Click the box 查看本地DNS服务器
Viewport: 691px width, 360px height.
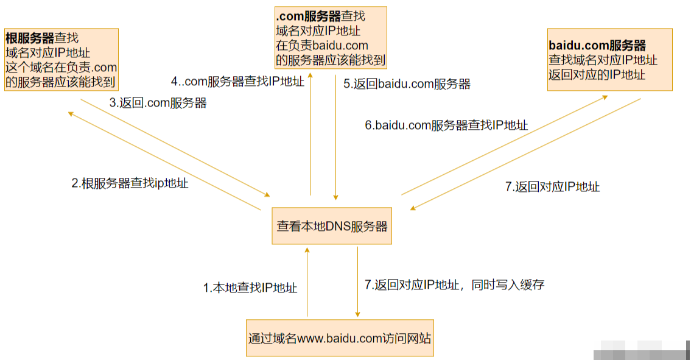tap(332, 227)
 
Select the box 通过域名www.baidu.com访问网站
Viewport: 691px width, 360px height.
tap(340, 337)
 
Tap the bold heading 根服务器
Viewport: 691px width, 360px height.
tap(30, 38)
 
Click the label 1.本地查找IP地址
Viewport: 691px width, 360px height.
tap(250, 288)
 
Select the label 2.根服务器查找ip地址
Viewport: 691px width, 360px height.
tap(130, 183)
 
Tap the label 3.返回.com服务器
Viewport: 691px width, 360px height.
tap(158, 103)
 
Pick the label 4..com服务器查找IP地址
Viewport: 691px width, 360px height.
tap(237, 82)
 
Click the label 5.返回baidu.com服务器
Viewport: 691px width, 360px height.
tap(407, 84)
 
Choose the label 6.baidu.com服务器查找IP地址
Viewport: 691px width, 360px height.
tap(446, 125)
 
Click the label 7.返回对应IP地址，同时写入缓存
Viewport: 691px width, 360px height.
tap(454, 284)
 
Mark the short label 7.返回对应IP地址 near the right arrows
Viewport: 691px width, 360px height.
tap(552, 187)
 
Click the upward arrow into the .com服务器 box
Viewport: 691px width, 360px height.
tap(310, 134)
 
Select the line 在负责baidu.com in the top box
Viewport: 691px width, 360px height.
tap(322, 46)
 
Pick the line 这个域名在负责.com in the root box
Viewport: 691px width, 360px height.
tap(61, 68)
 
